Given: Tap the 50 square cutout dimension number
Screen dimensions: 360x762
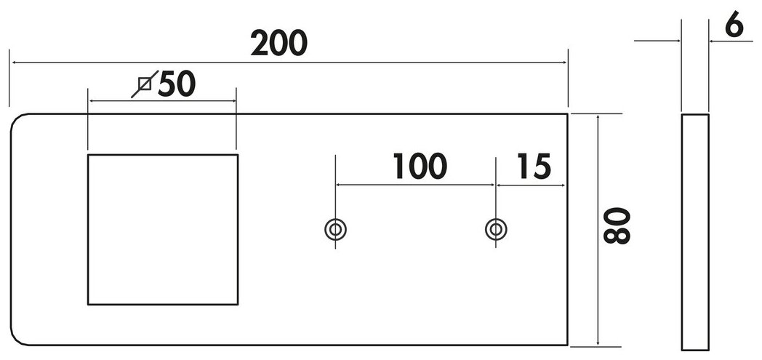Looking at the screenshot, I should coord(177,84).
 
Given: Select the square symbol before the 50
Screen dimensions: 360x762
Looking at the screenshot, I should coord(145,85).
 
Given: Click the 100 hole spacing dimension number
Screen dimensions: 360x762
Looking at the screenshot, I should coord(419,167).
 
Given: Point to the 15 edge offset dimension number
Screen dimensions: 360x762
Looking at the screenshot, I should coord(534,167).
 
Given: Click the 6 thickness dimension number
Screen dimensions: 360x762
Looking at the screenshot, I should coord(734,27).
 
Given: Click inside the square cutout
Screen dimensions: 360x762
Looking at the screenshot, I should coord(162,229).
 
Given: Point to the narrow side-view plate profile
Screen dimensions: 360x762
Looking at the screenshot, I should coord(694,231).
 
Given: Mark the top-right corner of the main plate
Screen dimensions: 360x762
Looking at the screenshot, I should coord(567,114).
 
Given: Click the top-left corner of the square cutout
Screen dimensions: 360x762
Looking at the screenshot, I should coord(88,155).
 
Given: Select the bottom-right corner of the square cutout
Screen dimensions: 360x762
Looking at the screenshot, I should coord(237,304).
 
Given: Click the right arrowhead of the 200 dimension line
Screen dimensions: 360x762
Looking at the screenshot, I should coord(564,63).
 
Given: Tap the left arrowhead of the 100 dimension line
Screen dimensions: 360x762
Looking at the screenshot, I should coord(339,185).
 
